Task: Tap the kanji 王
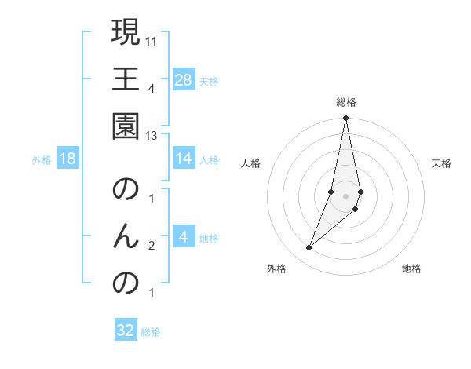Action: [x=126, y=79]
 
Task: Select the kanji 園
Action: [x=126, y=127]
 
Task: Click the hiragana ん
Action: [x=126, y=237]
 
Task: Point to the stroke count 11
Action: [x=152, y=39]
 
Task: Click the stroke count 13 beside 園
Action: [x=152, y=136]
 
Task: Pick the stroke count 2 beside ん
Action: [x=152, y=246]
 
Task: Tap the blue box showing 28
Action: [x=183, y=79]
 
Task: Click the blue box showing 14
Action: [x=183, y=159]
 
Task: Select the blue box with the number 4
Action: [x=183, y=237]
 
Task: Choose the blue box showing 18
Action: [x=68, y=159]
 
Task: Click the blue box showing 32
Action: [x=126, y=331]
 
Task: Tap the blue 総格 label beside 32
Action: [x=152, y=332]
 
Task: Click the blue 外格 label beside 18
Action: [x=42, y=159]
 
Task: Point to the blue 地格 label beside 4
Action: [x=209, y=238]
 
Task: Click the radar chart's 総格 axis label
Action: [x=345, y=101]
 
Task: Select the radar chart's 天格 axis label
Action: [x=441, y=163]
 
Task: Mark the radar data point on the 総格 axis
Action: [x=345, y=119]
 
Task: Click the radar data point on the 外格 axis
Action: [x=309, y=248]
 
